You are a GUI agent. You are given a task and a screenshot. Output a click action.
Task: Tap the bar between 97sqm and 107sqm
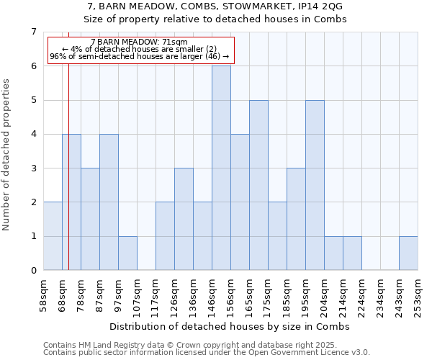[x=127, y=253]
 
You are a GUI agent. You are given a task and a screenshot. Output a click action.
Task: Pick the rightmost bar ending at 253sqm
[x=408, y=253]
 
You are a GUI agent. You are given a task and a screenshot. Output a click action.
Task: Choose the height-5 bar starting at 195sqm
[x=315, y=185]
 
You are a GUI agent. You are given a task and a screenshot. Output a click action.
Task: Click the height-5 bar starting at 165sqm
[x=258, y=185]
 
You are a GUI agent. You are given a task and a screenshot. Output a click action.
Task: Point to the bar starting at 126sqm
[x=184, y=219]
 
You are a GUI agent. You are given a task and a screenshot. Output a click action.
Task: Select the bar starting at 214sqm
[x=352, y=253]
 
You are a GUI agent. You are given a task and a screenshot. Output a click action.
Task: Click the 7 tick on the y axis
[x=33, y=32]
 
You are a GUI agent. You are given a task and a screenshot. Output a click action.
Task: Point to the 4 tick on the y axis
[x=33, y=134]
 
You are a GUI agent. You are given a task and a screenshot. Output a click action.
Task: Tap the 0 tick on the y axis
[x=33, y=271]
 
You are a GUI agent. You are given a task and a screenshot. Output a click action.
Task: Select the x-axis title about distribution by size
[x=230, y=326]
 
